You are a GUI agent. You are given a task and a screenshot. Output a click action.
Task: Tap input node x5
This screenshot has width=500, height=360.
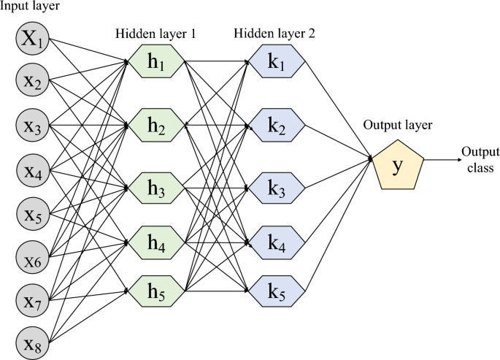click(x=33, y=213)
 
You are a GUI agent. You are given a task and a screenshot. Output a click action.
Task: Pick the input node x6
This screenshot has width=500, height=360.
click(x=33, y=256)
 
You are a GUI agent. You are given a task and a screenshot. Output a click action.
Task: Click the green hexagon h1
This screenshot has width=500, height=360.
click(x=155, y=64)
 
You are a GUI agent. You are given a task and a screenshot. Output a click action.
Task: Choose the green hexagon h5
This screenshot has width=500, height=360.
click(x=155, y=290)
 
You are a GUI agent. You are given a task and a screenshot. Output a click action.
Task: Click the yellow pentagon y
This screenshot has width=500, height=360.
click(x=398, y=166)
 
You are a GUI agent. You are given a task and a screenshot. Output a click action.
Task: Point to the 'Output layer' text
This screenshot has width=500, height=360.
click(x=398, y=125)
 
